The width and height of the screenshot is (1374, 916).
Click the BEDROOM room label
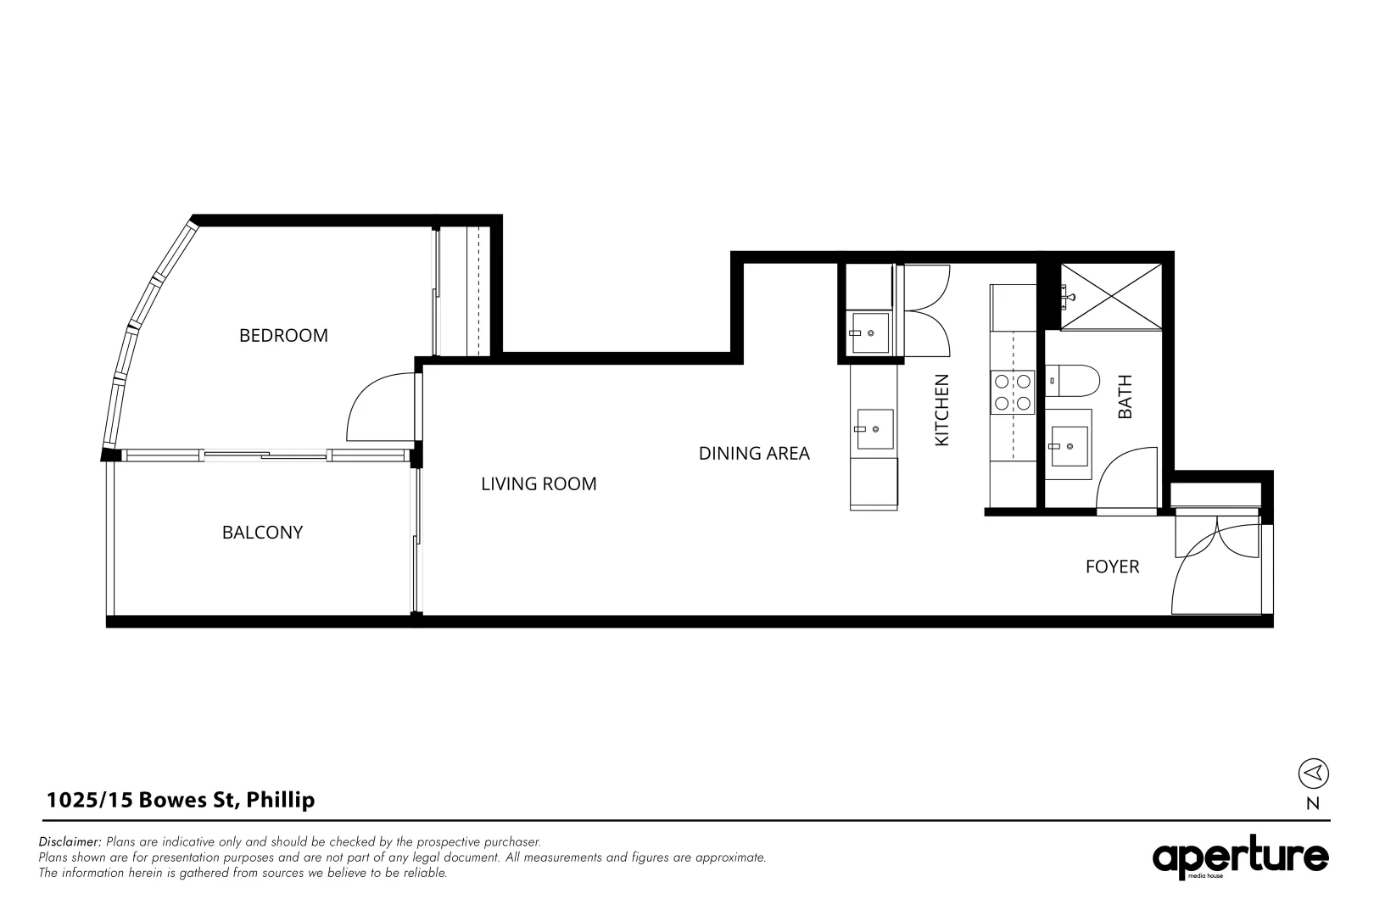pyautogui.click(x=283, y=335)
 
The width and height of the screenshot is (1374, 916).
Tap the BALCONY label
pyautogui.click(x=262, y=533)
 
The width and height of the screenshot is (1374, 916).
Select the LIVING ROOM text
pyautogui.click(x=539, y=484)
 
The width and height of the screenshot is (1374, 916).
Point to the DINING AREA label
pyautogui.click(x=754, y=454)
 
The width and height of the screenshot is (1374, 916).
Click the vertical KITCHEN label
pyautogui.click(x=941, y=411)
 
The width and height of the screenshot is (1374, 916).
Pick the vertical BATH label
pyautogui.click(x=1125, y=397)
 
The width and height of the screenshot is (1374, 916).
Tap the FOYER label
pyautogui.click(x=1112, y=567)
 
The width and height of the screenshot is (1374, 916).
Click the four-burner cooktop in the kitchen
pyautogui.click(x=1014, y=392)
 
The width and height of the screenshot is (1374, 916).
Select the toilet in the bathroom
pyautogui.click(x=1074, y=381)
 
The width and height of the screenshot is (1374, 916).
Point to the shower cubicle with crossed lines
pyautogui.click(x=1110, y=295)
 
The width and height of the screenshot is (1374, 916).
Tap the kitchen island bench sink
pyautogui.click(x=874, y=429)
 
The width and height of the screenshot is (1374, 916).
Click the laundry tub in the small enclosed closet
pyautogui.click(x=869, y=332)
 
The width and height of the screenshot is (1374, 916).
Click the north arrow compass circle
pyautogui.click(x=1313, y=773)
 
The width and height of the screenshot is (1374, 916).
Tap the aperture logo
pyautogui.click(x=1240, y=859)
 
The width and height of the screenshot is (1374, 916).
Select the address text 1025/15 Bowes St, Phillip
pyautogui.click(x=181, y=800)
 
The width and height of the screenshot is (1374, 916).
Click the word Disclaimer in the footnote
pyautogui.click(x=70, y=842)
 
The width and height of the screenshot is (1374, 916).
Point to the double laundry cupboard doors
pyautogui.click(x=926, y=310)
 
